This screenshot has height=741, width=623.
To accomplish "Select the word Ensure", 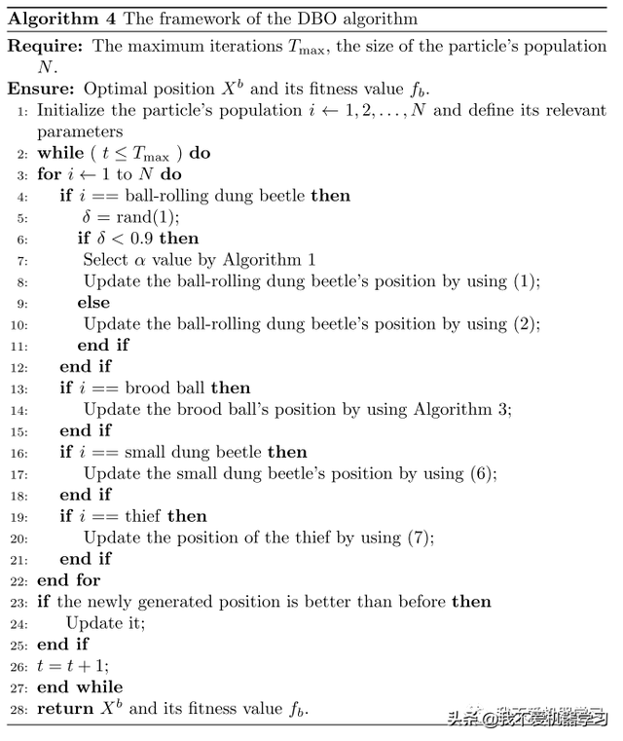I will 42,89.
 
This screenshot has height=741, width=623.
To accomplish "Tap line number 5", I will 22,217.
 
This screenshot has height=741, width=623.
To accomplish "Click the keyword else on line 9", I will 93,303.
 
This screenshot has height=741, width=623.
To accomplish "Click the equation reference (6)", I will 483,474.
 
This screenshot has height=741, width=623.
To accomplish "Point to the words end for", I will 68,580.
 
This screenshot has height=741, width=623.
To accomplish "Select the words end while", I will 80,687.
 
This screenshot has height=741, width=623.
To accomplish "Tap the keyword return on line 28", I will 64,709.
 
